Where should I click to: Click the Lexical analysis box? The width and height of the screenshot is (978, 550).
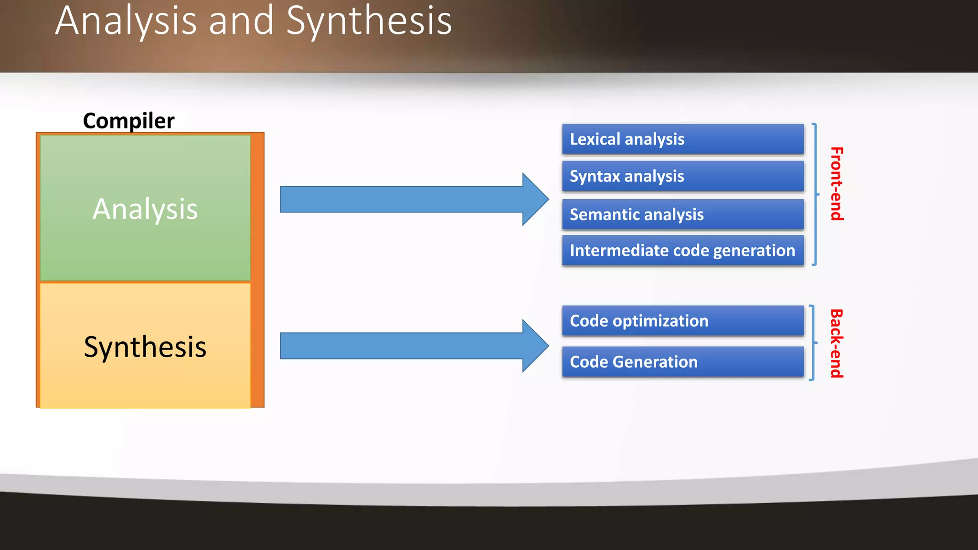pos(683,139)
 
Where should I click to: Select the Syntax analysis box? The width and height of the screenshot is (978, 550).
pos(683,176)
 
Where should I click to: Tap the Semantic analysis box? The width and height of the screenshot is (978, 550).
pos(683,214)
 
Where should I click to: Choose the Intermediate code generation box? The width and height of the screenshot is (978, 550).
pos(683,250)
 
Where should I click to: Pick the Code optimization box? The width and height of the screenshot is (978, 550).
pos(683,320)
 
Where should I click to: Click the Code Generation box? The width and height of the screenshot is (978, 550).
pos(683,361)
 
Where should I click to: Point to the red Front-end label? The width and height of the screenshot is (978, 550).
pos(837,184)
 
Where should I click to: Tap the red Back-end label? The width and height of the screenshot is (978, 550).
pos(837,343)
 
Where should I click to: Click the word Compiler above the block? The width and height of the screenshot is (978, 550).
pos(128,120)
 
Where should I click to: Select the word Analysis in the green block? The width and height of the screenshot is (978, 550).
pos(145,209)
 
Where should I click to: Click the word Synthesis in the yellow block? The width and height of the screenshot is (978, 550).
pos(145,347)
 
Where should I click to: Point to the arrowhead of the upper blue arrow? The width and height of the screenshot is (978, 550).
pos(536,199)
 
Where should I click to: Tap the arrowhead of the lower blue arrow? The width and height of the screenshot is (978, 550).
pos(536,346)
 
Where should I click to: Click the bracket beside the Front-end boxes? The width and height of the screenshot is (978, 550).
pos(815,194)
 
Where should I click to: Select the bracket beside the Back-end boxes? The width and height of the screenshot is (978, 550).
pos(813,343)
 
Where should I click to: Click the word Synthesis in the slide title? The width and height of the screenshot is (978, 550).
pos(369,21)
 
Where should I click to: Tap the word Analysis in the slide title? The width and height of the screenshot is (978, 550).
pos(126,21)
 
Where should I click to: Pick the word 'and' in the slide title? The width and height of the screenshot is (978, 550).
pos(241,21)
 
